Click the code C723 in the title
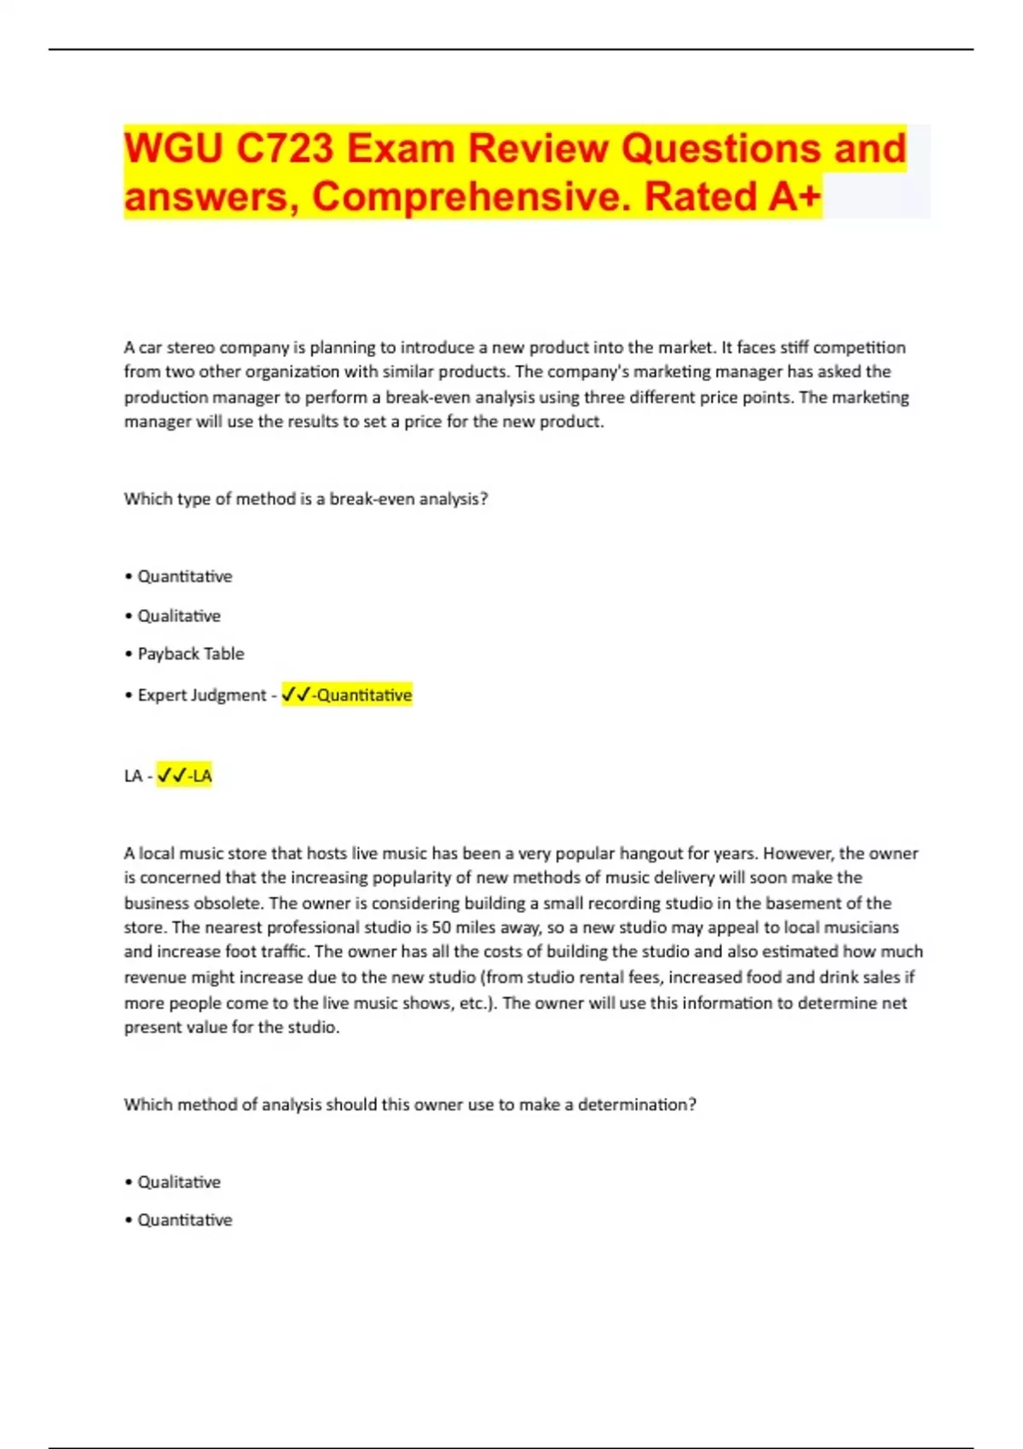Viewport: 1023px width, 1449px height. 285,148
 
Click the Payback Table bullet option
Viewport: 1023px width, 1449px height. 191,654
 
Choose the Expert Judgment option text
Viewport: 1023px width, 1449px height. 202,695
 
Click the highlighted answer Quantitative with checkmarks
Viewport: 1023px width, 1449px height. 348,695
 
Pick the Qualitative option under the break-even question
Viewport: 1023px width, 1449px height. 179,615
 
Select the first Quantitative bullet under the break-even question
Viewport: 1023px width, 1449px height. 185,576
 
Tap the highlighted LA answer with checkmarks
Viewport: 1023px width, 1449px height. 185,776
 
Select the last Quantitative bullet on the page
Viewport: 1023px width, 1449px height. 185,1220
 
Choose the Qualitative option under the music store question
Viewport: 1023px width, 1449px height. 179,1182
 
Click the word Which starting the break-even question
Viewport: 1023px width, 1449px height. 147,499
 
